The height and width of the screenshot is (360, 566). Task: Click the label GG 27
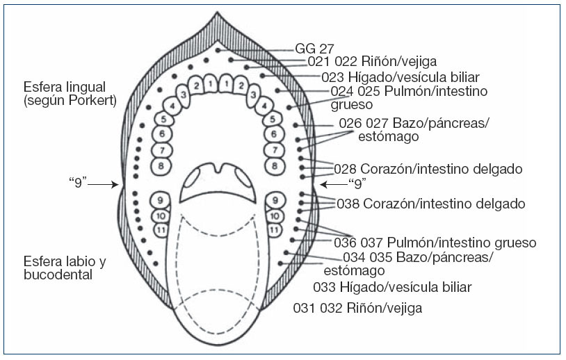click(x=314, y=49)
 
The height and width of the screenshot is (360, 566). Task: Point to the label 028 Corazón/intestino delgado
click(x=428, y=169)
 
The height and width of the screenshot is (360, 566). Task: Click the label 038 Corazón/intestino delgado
click(x=430, y=204)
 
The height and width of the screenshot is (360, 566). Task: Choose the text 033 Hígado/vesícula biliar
click(x=392, y=287)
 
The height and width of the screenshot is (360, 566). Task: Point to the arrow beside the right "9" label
click(x=333, y=184)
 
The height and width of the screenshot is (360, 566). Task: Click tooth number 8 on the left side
click(x=161, y=166)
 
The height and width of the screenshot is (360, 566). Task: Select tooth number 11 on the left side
click(x=161, y=229)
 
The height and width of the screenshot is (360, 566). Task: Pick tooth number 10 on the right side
click(x=275, y=215)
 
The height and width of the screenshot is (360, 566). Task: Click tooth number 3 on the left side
click(x=182, y=95)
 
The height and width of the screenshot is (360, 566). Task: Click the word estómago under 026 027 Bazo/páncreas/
click(x=388, y=137)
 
